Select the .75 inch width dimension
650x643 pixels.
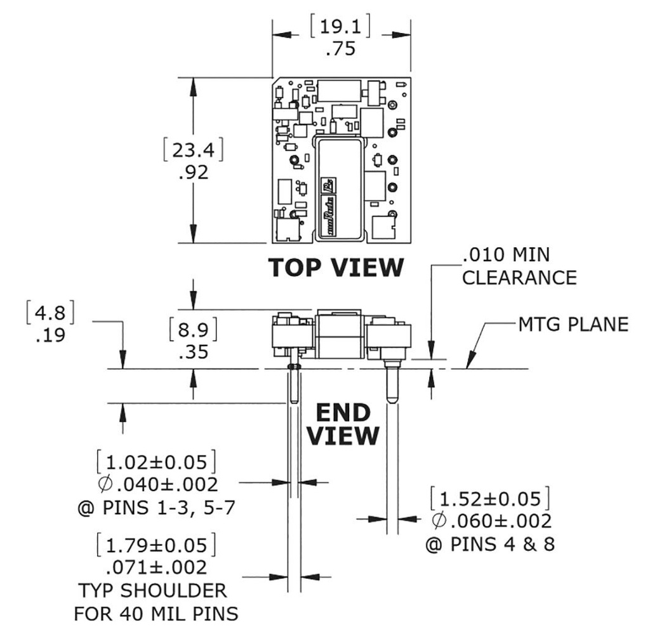340,50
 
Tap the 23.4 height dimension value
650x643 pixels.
194,151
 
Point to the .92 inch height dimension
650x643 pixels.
194,172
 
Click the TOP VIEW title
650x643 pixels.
336,267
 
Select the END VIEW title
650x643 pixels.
343,424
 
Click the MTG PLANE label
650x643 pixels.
573,324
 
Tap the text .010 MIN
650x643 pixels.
506,255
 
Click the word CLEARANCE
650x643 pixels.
519,278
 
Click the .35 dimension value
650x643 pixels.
194,352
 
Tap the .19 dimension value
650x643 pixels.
50,335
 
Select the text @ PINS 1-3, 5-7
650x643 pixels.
156,508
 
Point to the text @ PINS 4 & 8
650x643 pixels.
489,545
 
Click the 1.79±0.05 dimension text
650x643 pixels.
156,546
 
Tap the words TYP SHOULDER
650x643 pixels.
152,590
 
